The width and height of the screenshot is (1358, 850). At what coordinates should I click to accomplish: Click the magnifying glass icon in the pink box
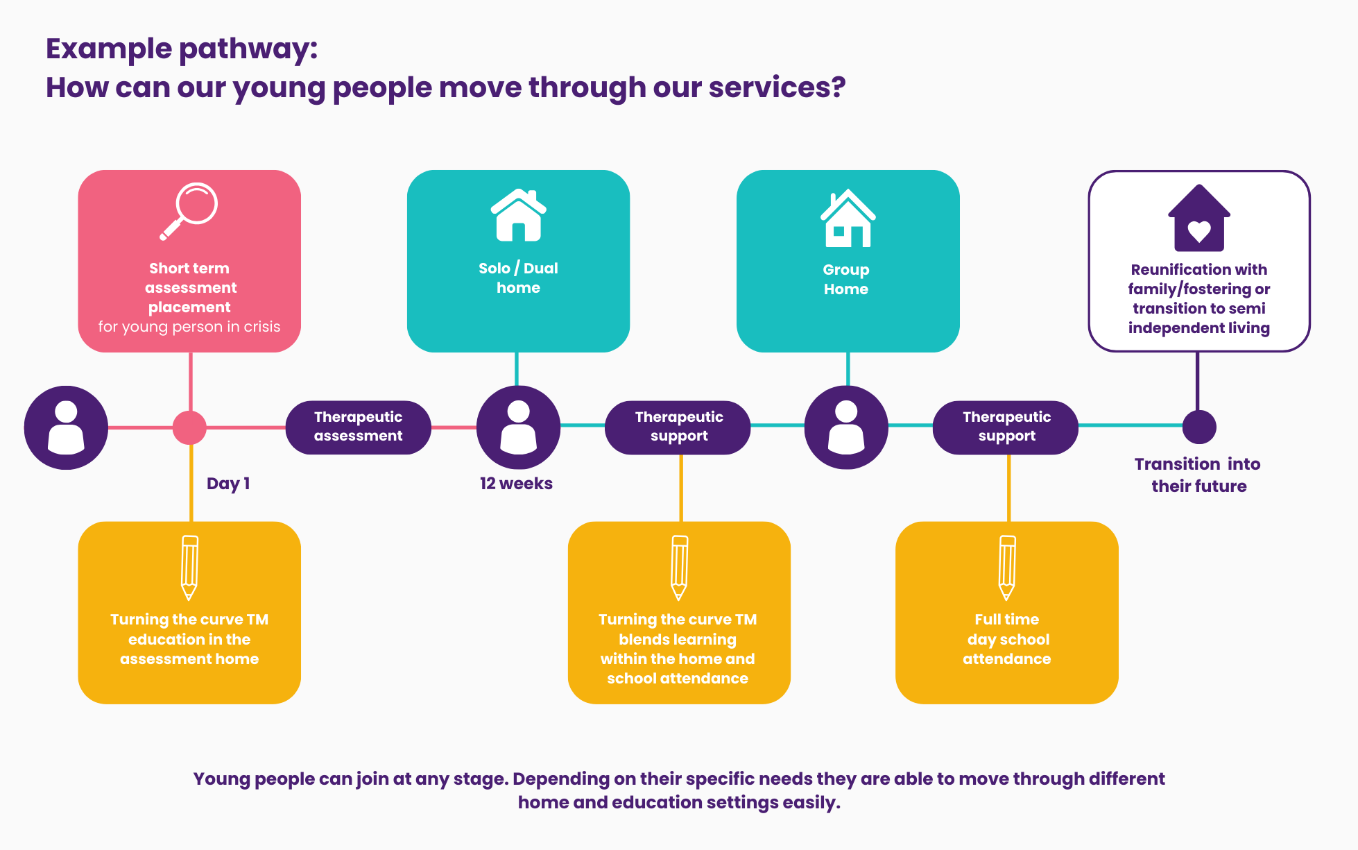189,211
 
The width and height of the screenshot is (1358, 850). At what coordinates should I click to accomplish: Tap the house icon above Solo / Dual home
518,216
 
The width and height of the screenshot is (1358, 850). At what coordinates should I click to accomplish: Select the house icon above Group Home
848,219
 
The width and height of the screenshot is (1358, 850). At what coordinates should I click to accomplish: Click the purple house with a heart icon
1198,219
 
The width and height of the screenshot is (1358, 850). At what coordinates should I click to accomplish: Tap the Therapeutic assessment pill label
358,427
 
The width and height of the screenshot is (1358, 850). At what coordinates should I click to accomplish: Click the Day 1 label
227,484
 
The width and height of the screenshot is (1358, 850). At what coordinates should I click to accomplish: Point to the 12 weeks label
516,484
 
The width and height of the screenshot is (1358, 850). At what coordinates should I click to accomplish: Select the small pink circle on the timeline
189,427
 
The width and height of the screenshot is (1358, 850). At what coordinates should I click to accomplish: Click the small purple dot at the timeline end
1198,427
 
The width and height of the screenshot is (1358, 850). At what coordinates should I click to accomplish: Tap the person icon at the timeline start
66,427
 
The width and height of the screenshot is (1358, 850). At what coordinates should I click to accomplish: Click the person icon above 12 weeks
518,427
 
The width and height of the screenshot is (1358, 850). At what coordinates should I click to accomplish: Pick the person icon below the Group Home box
846,427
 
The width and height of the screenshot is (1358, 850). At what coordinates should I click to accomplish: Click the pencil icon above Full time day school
1007,567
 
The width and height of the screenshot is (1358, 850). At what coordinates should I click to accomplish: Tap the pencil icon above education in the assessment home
189,567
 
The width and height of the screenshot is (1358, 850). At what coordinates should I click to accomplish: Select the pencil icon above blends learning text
680,567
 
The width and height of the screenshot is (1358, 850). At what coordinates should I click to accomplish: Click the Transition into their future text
1198,475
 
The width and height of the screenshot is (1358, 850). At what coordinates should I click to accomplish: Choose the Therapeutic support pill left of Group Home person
678,427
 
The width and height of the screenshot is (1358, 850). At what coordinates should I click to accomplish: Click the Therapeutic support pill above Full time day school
1006,427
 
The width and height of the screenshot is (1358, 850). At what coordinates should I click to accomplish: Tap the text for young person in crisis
189,327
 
